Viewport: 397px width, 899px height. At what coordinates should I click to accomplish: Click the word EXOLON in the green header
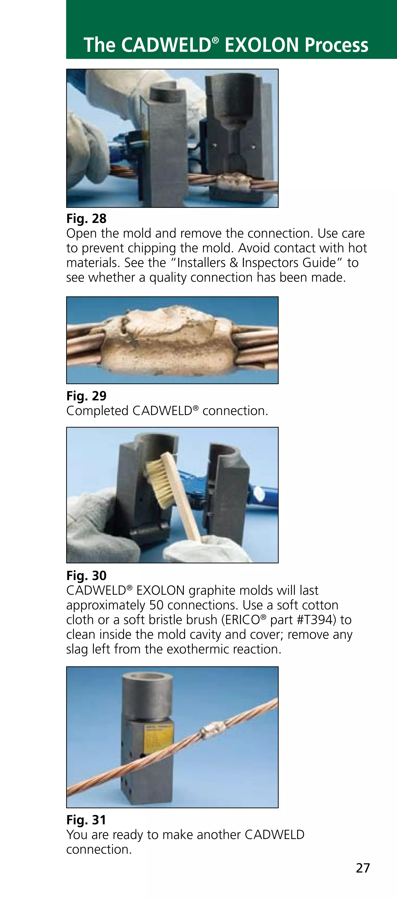[262, 45]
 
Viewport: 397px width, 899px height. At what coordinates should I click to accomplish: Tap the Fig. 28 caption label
[86, 218]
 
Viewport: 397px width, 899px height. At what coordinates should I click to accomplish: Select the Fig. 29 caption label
[86, 396]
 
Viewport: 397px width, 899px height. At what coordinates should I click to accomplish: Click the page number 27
[363, 868]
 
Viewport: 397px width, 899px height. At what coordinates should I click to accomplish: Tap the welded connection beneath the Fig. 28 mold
[232, 181]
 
